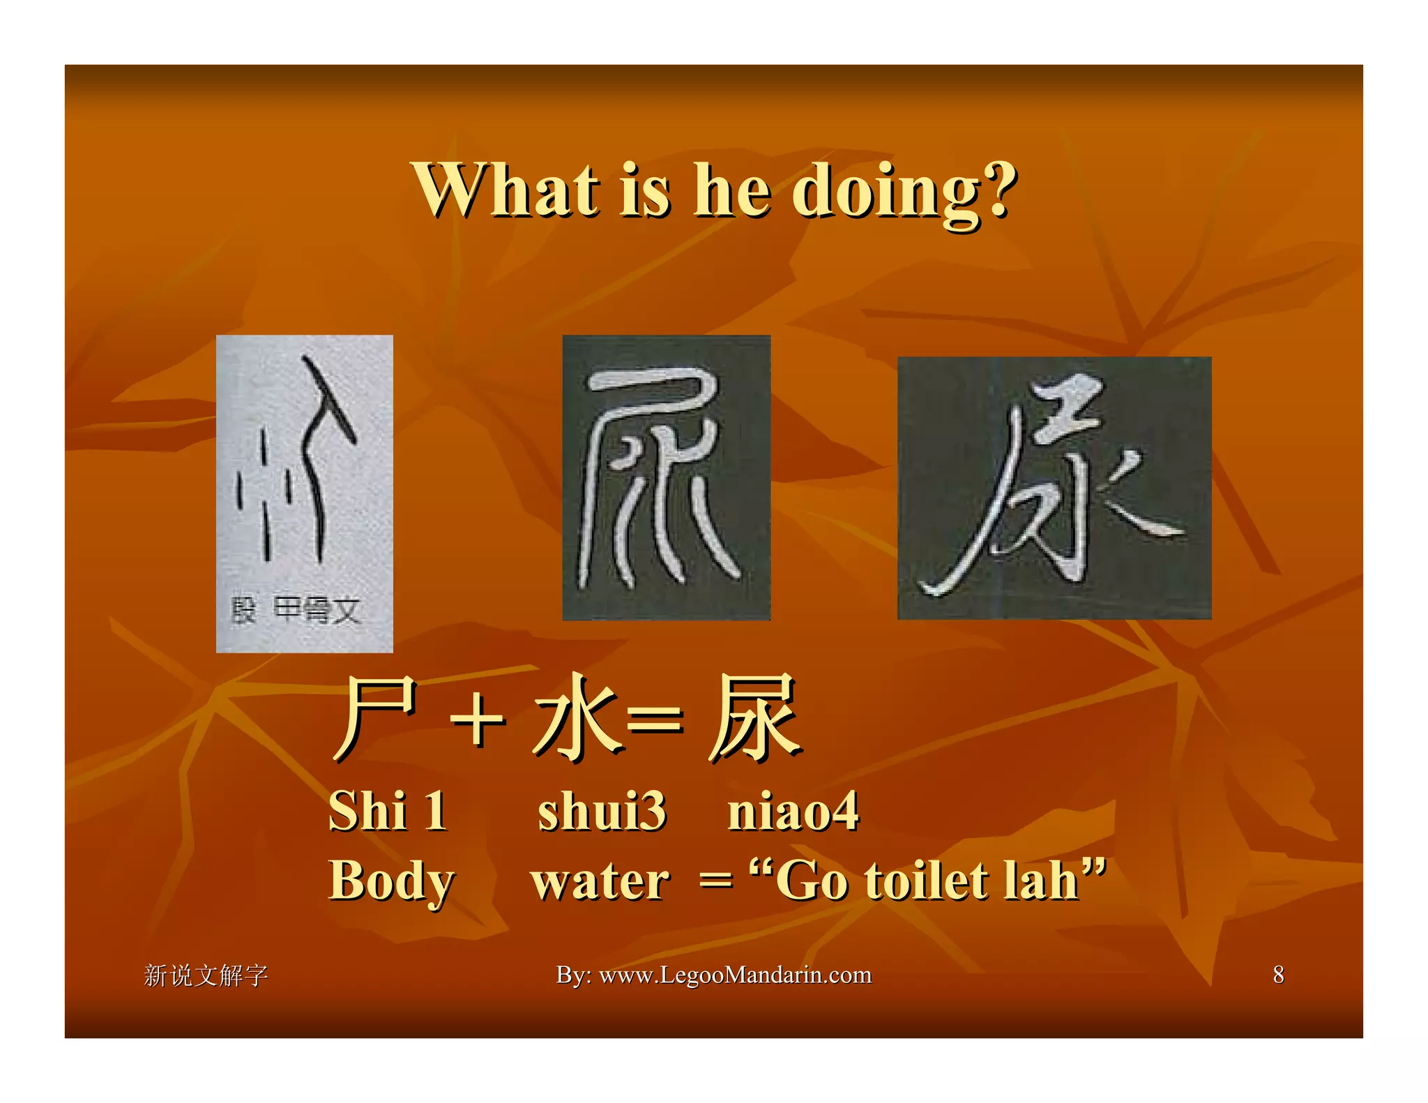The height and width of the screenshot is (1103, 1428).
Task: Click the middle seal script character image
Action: [x=666, y=478]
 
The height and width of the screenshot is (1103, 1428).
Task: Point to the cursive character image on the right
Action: [x=1054, y=488]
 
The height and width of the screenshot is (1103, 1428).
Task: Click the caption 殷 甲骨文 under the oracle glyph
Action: [x=296, y=611]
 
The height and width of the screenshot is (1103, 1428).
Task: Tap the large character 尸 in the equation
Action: [x=377, y=718]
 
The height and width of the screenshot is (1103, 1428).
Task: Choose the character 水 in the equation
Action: [x=576, y=718]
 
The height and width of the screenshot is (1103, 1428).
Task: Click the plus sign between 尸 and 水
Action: [x=478, y=722]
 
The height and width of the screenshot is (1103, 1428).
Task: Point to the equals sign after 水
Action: [x=655, y=722]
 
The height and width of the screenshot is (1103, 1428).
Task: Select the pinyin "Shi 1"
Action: [x=388, y=812]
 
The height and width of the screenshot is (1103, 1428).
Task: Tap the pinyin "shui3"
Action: [x=601, y=812]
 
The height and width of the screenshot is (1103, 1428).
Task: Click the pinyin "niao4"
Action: [x=793, y=812]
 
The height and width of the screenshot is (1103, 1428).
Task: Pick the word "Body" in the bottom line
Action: [x=391, y=881]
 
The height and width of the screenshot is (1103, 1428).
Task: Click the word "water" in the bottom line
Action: [x=600, y=881]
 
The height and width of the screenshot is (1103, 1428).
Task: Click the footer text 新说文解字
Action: [x=206, y=975]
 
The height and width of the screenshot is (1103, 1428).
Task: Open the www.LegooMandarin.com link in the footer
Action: [x=735, y=975]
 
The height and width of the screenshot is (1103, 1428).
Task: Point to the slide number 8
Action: [x=1278, y=975]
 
